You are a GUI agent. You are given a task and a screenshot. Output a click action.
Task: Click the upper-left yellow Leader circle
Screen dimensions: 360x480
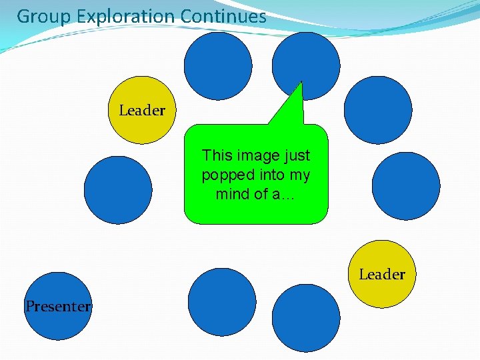coord(141,110)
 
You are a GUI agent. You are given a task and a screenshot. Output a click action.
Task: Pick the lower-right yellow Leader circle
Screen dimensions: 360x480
coord(383,274)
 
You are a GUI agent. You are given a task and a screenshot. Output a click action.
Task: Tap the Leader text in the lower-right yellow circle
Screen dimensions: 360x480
coord(382,274)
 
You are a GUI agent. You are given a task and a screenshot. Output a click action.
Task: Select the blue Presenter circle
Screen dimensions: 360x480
coord(58,306)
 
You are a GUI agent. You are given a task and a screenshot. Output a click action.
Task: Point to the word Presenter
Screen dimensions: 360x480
coord(58,307)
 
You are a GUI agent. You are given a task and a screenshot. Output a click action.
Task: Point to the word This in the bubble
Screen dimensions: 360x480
coord(217,155)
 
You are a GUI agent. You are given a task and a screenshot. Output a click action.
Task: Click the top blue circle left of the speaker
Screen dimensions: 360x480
coord(218,66)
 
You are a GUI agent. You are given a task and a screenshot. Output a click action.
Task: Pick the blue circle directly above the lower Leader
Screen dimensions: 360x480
coord(405,186)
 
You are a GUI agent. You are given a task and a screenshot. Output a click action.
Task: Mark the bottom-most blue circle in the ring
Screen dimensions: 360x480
coord(306,318)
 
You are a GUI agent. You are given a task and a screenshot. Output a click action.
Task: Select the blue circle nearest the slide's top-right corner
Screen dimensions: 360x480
coord(378,109)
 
